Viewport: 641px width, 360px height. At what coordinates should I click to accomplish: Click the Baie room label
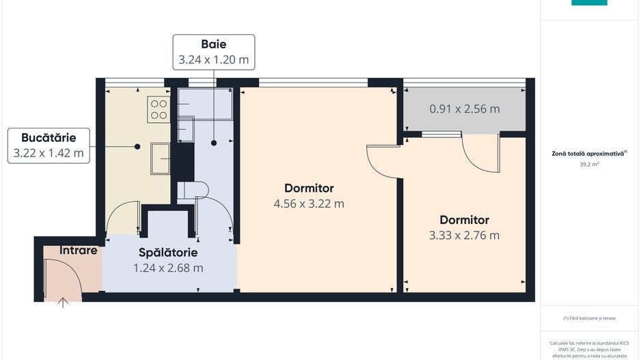(x=213, y=44)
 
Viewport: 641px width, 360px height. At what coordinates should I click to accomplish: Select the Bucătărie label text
(x=49, y=136)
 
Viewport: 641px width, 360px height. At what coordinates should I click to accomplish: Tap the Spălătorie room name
(x=168, y=252)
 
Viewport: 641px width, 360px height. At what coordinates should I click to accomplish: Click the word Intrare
(x=79, y=250)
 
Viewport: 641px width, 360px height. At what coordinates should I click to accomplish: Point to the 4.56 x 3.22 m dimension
(x=309, y=203)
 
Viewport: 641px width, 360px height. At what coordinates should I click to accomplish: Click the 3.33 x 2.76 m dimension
(x=464, y=236)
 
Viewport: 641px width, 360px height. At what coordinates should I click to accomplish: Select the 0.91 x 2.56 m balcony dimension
(x=464, y=109)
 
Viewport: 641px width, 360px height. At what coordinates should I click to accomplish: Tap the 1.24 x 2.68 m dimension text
(x=168, y=268)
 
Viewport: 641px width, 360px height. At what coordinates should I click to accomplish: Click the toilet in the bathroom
(x=192, y=190)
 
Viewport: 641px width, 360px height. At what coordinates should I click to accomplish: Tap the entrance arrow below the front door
(x=64, y=303)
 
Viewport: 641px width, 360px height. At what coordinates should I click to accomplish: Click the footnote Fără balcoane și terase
(x=589, y=318)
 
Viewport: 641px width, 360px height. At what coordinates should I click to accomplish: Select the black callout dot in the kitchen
(x=137, y=146)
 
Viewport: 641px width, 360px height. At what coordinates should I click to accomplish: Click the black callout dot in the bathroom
(x=214, y=143)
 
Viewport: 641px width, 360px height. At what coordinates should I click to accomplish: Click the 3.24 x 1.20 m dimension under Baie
(x=213, y=60)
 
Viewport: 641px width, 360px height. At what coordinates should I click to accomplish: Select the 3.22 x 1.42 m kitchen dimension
(x=49, y=153)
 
